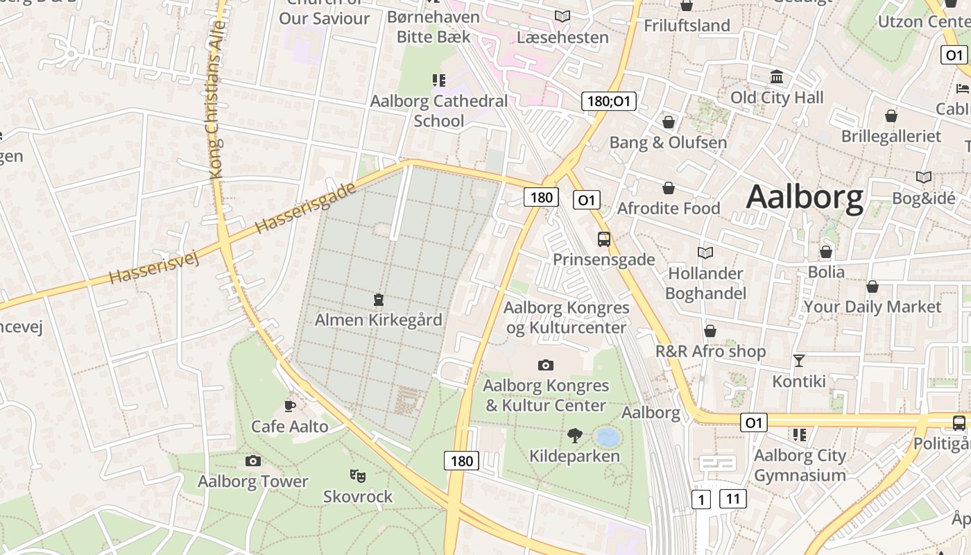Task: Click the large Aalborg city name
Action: [805, 197]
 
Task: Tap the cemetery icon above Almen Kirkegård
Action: [378, 300]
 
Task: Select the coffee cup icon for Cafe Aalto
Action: [290, 405]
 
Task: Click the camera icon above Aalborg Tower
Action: [252, 461]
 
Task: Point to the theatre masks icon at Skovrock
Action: [357, 475]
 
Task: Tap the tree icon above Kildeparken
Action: [574, 436]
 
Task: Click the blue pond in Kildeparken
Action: [607, 436]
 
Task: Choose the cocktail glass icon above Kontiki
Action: [799, 360]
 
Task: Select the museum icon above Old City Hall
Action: [776, 77]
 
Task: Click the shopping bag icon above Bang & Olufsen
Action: [669, 123]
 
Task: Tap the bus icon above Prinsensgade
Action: [604, 239]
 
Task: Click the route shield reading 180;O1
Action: [608, 101]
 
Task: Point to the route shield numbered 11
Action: [732, 498]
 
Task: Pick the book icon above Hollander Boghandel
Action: [705, 253]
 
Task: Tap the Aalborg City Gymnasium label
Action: [800, 465]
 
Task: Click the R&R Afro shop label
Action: [710, 351]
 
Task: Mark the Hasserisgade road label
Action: [304, 207]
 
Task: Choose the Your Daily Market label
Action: [872, 307]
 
